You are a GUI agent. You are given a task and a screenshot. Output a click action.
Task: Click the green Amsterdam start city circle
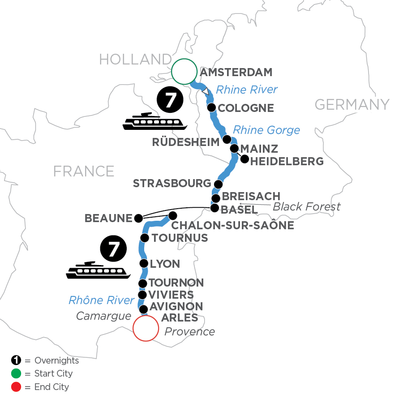[x=184, y=72]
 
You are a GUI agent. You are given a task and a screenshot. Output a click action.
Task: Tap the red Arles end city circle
[x=146, y=329]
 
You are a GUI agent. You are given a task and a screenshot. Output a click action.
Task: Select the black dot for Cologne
[x=211, y=107]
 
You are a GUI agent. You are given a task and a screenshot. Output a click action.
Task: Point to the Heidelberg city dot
[x=244, y=159]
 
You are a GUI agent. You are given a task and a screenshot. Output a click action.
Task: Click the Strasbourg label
[x=172, y=184]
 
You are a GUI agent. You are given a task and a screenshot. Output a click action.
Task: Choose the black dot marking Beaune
[x=138, y=218]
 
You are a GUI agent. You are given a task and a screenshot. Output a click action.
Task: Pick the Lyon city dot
[x=144, y=263]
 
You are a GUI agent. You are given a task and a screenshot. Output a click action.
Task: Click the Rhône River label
[x=102, y=300]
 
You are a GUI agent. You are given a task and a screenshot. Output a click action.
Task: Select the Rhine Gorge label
[x=267, y=130]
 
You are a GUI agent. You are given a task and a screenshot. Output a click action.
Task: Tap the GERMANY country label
[x=352, y=105]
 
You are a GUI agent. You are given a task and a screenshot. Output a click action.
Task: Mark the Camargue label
[x=103, y=316]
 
